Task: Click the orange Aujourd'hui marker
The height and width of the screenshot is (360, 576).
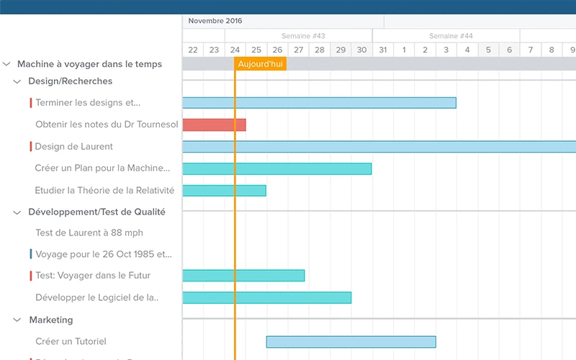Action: (261, 64)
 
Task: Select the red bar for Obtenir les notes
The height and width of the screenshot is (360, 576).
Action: (214, 125)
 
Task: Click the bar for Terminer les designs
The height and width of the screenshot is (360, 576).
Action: (319, 102)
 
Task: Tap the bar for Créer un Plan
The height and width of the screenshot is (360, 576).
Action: (277, 168)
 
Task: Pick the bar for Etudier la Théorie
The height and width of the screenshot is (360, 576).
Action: (224, 191)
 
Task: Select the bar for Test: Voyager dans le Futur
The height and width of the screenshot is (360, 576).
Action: (243, 275)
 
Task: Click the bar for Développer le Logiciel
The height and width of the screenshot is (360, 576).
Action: (266, 297)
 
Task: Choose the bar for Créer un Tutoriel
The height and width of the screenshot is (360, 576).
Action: (351, 341)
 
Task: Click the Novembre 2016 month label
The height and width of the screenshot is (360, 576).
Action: (215, 21)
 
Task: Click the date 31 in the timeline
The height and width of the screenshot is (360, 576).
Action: (383, 50)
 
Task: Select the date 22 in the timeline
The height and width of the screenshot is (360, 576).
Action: (193, 50)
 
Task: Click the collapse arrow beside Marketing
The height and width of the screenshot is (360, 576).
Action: (18, 320)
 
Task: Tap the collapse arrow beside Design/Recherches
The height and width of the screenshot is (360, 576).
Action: (18, 81)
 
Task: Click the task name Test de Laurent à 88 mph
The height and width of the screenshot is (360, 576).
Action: (89, 233)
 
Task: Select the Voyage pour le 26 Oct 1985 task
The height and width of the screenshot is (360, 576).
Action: (104, 253)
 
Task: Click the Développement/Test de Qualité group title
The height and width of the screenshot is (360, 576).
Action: (96, 212)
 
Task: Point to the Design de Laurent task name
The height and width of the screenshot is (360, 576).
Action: (74, 146)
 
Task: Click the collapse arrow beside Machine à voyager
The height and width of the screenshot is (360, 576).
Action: (7, 64)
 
